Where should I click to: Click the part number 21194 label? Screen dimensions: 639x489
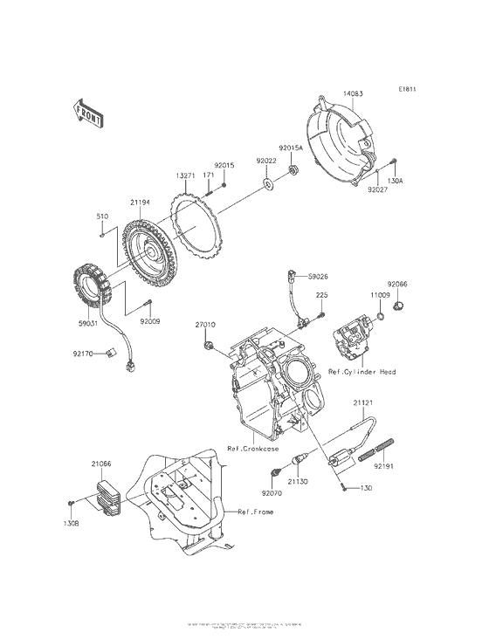tap(141, 202)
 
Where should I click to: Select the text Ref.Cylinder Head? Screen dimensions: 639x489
tap(362, 372)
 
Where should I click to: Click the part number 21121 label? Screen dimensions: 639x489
tap(363, 403)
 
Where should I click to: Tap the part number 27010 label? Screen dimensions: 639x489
tap(204, 324)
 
